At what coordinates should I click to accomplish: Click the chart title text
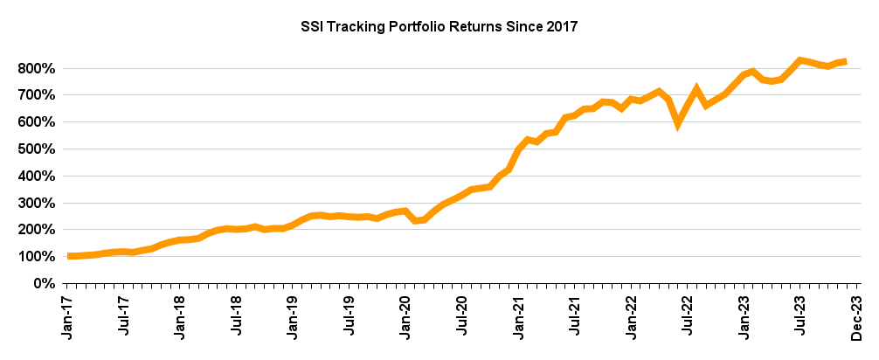click(439, 27)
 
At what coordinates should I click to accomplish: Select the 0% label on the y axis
click(45, 284)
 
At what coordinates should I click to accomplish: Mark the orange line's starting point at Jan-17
click(69, 256)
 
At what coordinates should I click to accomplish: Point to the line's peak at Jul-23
click(799, 59)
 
